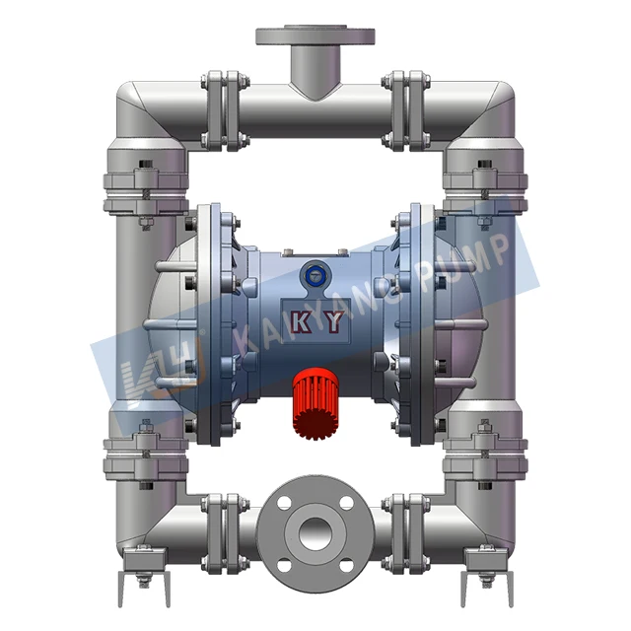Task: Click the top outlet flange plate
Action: point(315,36)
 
